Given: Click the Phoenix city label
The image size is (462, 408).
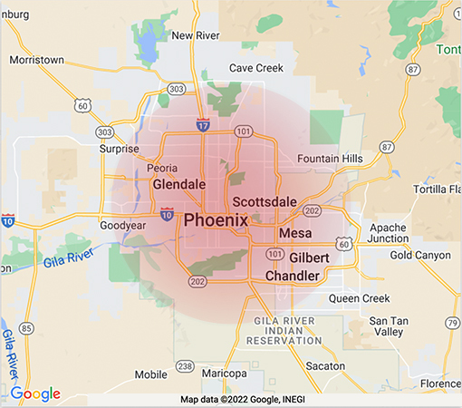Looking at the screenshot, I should click(216, 220).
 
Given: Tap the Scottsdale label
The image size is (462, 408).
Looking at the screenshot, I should click(265, 201).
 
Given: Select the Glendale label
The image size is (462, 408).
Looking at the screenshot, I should click(180, 184).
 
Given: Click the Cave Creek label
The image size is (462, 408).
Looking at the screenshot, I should click(255, 68).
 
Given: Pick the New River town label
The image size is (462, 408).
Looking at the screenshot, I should click(196, 36).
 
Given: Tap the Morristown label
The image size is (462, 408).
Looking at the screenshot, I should click(37, 60).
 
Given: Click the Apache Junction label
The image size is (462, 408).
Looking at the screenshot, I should click(390, 232).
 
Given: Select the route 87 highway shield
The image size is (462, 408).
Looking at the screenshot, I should click(387, 147).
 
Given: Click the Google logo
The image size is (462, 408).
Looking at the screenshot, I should click(36, 393).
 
